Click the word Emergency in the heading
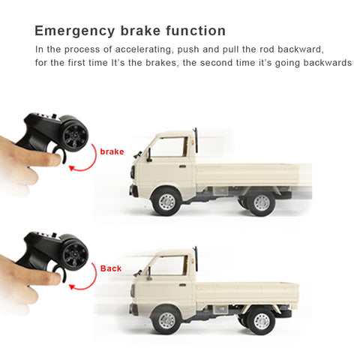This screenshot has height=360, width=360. click(74, 31)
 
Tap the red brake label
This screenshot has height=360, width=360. click(112, 151)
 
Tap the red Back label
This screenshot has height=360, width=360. click(111, 268)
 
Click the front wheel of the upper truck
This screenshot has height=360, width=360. click(166, 201)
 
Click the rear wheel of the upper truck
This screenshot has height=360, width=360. click(261, 202)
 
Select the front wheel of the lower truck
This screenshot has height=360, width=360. click(166, 320)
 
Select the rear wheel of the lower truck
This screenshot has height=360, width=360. click(262, 321)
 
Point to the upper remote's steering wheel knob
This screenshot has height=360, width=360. click(75, 135)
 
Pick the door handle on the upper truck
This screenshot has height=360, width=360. click(182, 166)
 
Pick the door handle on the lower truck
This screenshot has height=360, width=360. click(182, 285)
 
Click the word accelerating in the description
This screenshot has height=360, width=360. click(143, 49)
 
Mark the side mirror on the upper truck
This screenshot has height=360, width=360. click(149, 155)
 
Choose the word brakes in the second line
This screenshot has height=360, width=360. click(162, 62)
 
